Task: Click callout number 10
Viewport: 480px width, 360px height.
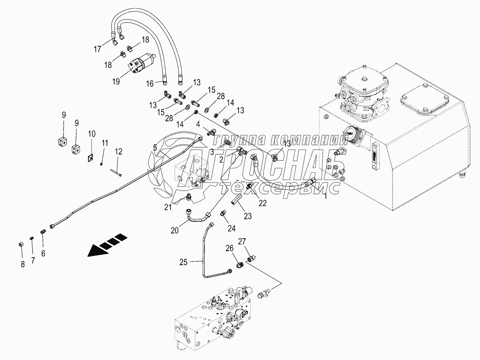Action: click(x=92, y=133)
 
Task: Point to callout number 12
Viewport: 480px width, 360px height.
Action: click(x=118, y=151)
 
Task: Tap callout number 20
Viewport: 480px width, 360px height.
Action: click(x=175, y=231)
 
